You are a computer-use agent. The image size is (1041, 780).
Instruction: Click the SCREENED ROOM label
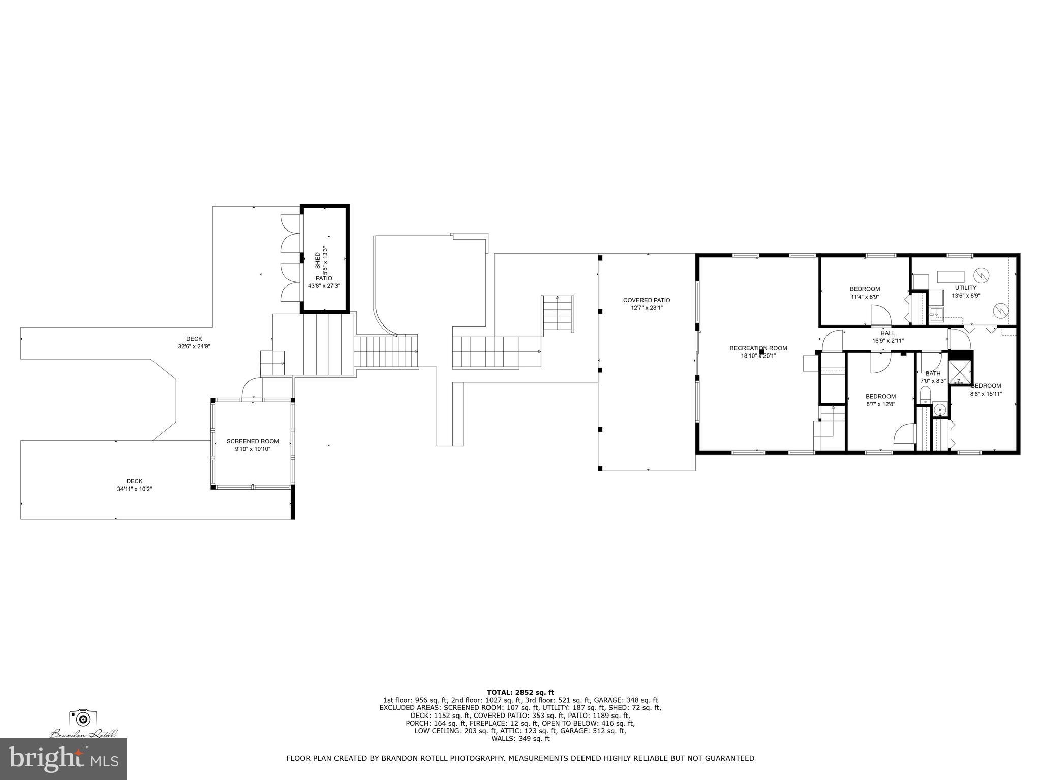pos(253,441)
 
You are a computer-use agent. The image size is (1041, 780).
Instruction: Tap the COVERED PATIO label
pos(647,300)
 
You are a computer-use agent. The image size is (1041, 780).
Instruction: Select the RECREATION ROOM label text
pos(758,348)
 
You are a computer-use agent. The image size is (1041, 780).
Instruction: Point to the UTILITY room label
pos(965,288)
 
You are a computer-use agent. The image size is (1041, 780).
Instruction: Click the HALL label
pos(887,333)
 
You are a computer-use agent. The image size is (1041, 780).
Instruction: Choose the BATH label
pos(933,373)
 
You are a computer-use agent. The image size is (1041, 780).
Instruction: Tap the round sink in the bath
pos(940,409)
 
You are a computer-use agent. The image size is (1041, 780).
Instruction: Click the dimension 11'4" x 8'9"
pos(865,297)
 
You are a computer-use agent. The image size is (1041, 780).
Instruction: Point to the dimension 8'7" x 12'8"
pos(880,404)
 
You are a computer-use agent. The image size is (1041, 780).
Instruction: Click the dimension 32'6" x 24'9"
pos(194,346)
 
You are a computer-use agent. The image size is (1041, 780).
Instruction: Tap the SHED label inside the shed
pos(318,261)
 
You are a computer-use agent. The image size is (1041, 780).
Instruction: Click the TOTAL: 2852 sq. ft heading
pos(520,692)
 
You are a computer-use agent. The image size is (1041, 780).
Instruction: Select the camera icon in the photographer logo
pos(83,718)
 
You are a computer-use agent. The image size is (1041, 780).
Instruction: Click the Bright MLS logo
pos(64,759)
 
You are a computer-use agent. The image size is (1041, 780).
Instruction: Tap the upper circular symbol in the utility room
pos(981,275)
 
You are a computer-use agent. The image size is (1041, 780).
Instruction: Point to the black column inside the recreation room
pos(761,351)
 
